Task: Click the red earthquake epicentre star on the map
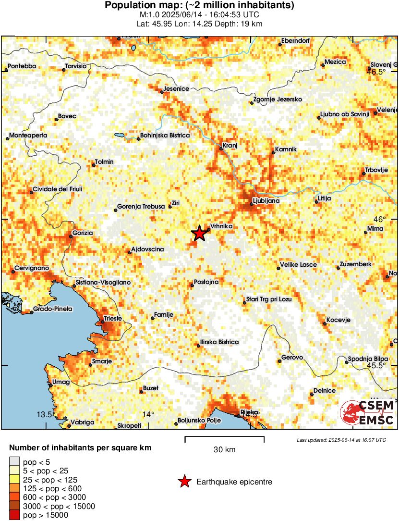point(199,234)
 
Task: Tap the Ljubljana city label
point(266,201)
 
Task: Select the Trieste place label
point(113,318)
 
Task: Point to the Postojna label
point(206,282)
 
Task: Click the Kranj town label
point(230,145)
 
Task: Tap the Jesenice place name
point(176,88)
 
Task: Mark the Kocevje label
point(339,320)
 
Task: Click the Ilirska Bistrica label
point(219,342)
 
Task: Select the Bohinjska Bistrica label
point(165,136)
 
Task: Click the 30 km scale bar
point(224,438)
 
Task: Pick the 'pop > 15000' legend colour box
point(14,515)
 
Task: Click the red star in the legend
point(184,482)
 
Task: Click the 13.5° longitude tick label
point(45,414)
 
